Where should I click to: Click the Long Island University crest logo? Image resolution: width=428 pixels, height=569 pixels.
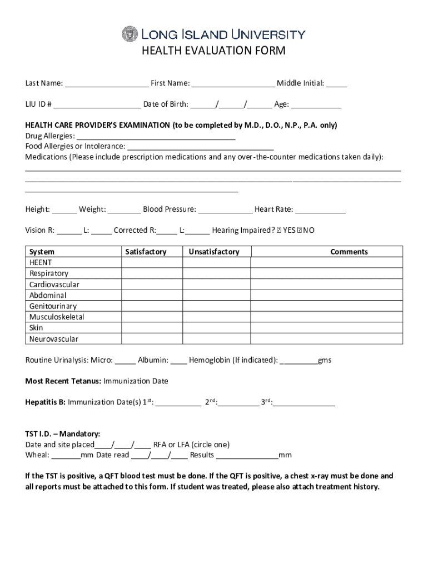129,34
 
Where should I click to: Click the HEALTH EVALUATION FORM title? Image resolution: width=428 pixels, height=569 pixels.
213,52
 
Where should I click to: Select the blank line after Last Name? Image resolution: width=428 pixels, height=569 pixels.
106,84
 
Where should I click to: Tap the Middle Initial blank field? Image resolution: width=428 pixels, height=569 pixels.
336,84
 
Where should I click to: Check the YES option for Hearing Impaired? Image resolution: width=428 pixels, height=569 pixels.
280,231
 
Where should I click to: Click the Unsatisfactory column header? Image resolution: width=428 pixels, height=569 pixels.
214,252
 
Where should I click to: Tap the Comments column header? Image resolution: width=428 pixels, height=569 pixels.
349,252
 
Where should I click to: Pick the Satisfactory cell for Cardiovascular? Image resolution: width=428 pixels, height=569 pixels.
152,284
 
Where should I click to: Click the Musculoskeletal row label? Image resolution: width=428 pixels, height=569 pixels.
57,317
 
